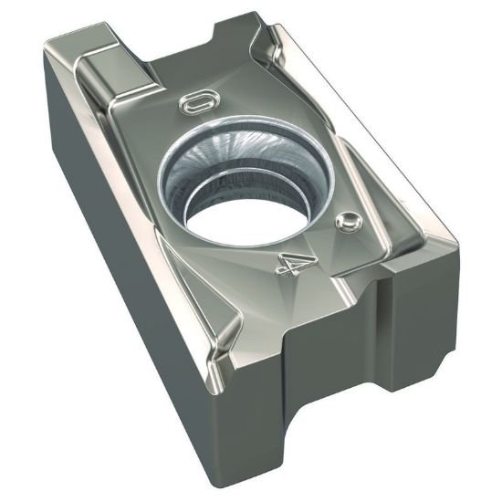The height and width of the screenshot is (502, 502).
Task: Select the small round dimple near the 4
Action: click(346, 221)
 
